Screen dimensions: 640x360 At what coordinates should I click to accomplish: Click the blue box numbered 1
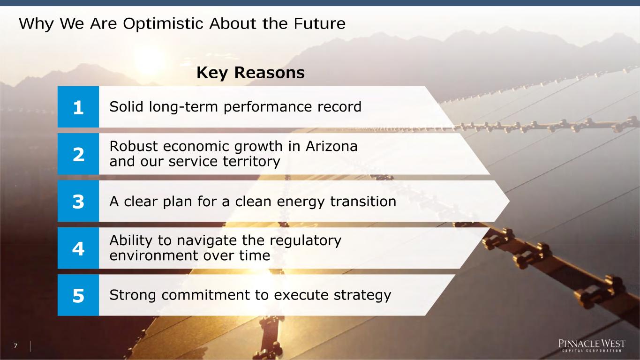click(x=78, y=107)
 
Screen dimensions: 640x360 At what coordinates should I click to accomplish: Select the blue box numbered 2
click(x=78, y=154)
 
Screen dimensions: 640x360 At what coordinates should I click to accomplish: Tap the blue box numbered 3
click(x=78, y=201)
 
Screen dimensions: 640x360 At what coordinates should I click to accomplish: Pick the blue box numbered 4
click(x=78, y=248)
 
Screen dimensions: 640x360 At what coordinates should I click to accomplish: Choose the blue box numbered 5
click(x=78, y=295)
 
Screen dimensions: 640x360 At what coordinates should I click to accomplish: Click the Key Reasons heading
click(x=250, y=73)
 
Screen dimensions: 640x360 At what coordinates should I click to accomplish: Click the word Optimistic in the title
click(x=163, y=24)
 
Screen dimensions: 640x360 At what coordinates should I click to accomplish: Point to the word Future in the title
click(x=319, y=23)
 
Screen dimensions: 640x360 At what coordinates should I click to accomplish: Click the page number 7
click(x=15, y=346)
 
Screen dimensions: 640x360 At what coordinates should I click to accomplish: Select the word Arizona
click(x=331, y=146)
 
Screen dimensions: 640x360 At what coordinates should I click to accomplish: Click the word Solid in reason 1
click(x=126, y=107)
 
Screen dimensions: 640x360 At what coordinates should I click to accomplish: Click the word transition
click(x=363, y=202)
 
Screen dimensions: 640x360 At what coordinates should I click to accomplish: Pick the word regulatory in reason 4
click(x=305, y=241)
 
